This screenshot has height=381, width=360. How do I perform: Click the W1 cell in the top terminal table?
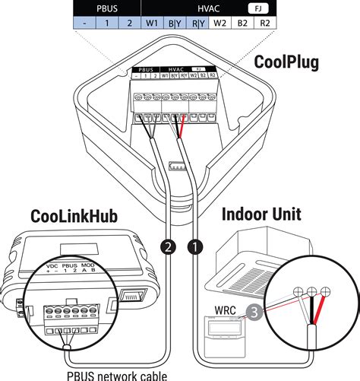[x=153, y=22]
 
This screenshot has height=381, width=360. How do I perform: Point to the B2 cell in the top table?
[x=242, y=22]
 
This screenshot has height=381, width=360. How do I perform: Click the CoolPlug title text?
[x=288, y=59]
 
